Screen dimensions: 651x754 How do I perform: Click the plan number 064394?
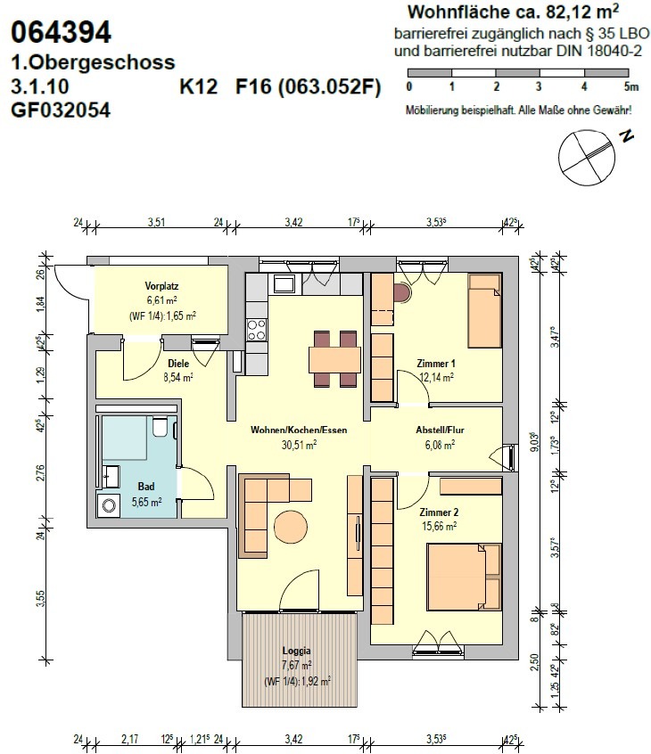tap(62, 32)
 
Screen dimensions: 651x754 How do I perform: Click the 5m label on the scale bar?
tap(630, 87)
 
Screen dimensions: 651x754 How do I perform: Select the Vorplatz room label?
tap(161, 286)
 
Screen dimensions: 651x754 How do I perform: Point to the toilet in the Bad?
tap(159, 426)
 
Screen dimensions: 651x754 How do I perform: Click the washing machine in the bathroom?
tap(108, 505)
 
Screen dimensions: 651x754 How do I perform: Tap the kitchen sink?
tap(284, 283)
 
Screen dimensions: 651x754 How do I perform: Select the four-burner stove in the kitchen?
tap(257, 330)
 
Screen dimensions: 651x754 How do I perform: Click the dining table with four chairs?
tap(335, 358)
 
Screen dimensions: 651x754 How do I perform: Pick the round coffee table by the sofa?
tap(291, 527)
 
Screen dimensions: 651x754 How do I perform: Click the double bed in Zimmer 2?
tap(464, 577)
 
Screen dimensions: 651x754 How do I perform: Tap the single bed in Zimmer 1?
tap(485, 311)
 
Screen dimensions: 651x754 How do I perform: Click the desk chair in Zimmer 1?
tap(401, 293)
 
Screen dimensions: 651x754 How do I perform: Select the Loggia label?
tap(296, 651)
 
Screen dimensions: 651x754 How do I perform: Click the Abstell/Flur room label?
tap(440, 430)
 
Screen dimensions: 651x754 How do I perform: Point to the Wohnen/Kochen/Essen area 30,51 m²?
tap(299, 445)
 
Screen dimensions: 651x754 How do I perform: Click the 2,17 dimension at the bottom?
tap(129, 739)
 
